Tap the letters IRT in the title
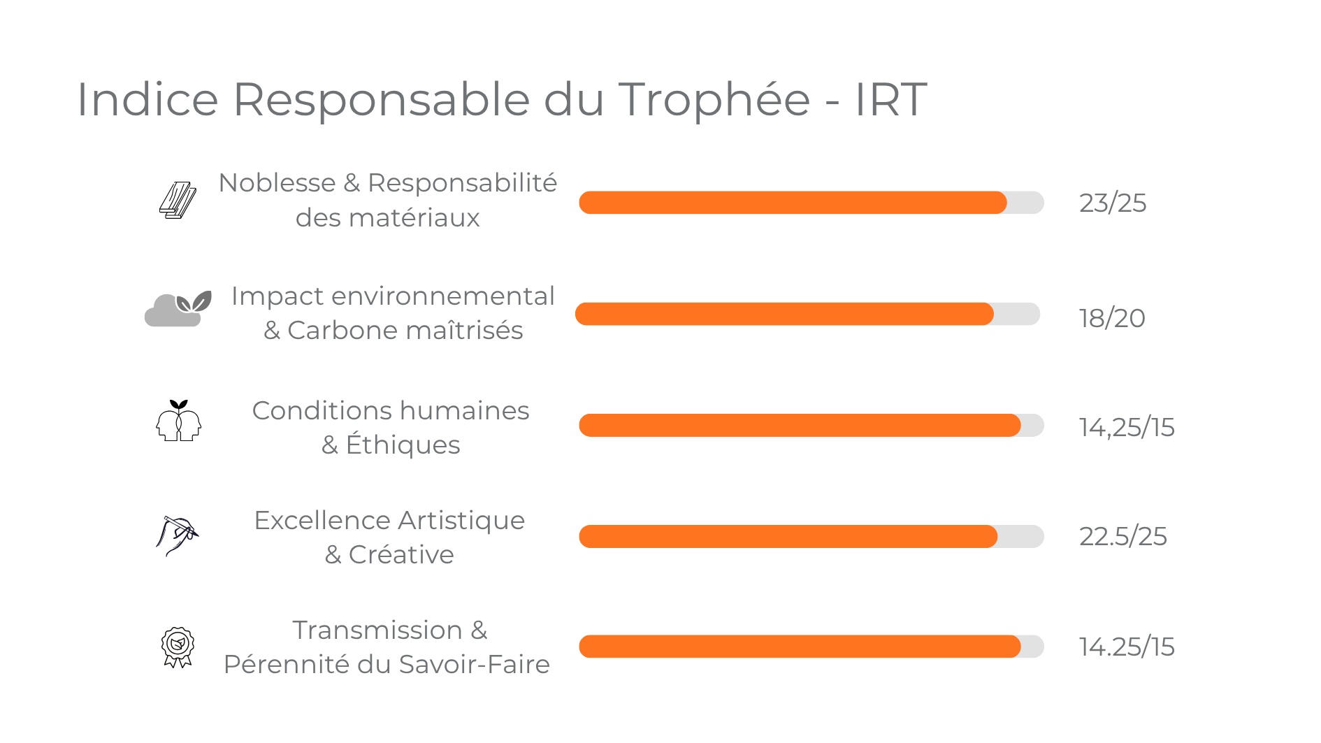coord(890,99)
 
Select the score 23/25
coord(1112,203)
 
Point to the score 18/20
coord(1111,318)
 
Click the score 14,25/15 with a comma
coord(1126,427)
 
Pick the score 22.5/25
coord(1123,536)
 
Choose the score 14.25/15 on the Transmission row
coord(1126,647)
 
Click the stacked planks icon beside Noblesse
coord(178,201)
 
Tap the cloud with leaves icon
coord(178,309)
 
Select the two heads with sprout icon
coord(178,421)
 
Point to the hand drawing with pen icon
coord(177,535)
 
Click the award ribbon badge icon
coord(178,647)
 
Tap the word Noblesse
coord(277,183)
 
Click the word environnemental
coord(442,296)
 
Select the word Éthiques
coord(403,445)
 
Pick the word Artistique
coord(461,521)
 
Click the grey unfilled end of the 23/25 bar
coord(1025,203)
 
